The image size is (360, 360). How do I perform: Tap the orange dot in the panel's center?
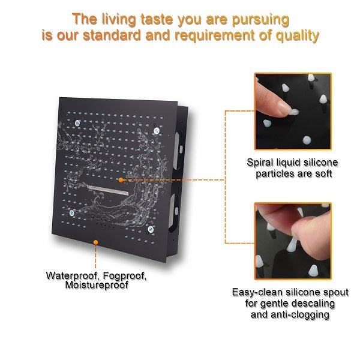click(121, 179)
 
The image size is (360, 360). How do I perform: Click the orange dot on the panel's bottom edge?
click(95, 241)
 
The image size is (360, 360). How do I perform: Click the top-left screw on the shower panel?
click(78, 124)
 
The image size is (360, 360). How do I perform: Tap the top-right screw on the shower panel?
click(155, 129)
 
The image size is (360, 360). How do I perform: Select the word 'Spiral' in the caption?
click(260, 163)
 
